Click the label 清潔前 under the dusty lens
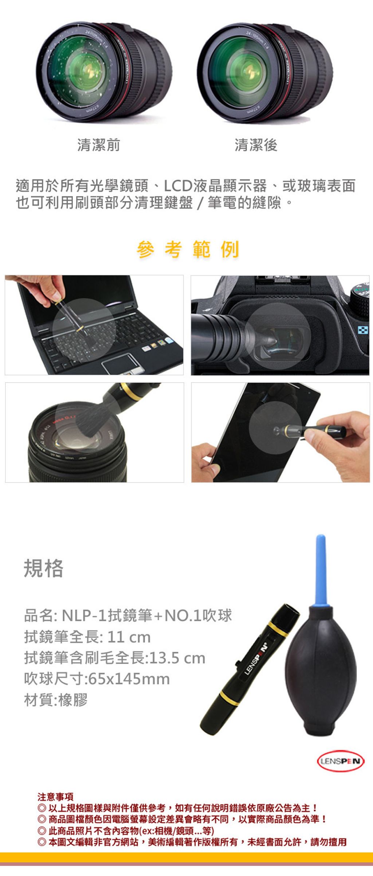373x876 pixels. [x=98, y=145]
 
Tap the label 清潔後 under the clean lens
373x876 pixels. [x=256, y=145]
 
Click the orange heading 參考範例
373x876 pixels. [x=188, y=250]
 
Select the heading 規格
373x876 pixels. [x=44, y=568]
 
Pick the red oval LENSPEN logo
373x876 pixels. [x=341, y=761]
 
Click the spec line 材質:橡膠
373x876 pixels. [x=56, y=700]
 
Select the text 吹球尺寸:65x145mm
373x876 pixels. [x=97, y=678]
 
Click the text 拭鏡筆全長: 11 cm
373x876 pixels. [x=87, y=637]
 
